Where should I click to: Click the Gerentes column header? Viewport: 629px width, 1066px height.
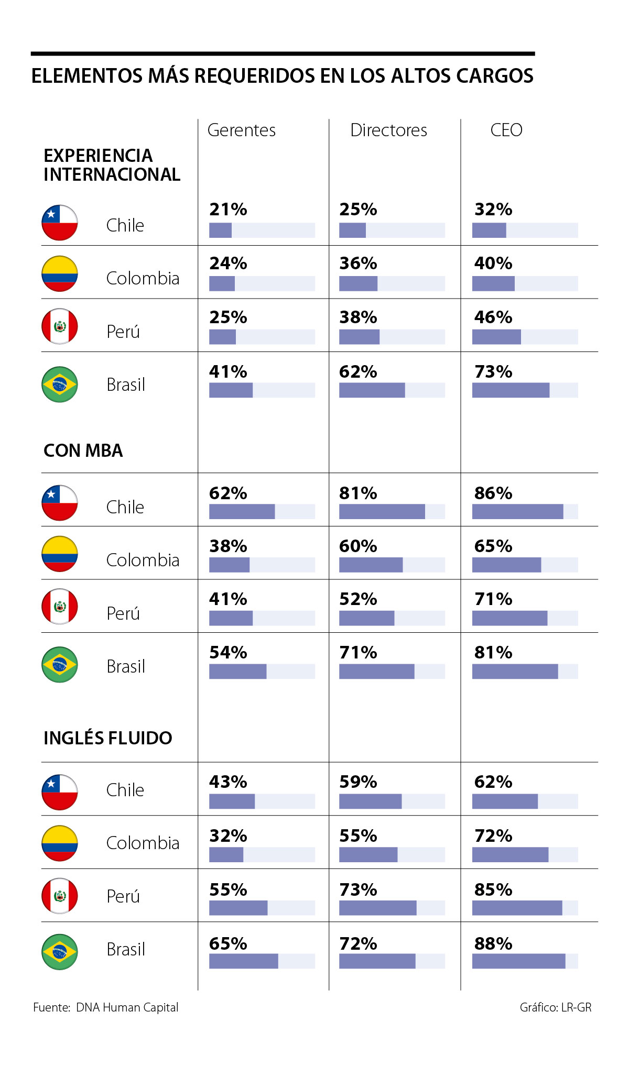tap(242, 130)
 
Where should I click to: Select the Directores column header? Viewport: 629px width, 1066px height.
tap(388, 130)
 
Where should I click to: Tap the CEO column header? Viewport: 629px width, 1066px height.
tap(506, 130)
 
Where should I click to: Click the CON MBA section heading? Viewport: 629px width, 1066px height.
tap(83, 450)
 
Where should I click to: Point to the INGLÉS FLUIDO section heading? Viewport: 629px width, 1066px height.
tap(108, 738)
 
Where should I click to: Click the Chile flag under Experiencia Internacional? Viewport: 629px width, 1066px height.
tap(60, 223)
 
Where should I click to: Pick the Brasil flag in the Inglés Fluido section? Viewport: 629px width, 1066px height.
tap(60, 951)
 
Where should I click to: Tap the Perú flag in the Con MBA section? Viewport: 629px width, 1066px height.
tap(60, 607)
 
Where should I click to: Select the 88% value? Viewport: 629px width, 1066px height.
tap(493, 943)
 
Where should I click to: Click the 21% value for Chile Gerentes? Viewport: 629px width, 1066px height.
tap(228, 210)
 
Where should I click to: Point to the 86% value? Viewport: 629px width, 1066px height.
tap(493, 493)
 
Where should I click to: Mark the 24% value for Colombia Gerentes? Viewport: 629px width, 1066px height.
tap(228, 263)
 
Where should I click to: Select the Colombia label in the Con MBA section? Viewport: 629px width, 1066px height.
tap(143, 560)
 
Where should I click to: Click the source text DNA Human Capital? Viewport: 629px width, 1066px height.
tap(127, 1007)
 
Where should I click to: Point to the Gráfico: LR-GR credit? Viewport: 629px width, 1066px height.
tap(556, 1007)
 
